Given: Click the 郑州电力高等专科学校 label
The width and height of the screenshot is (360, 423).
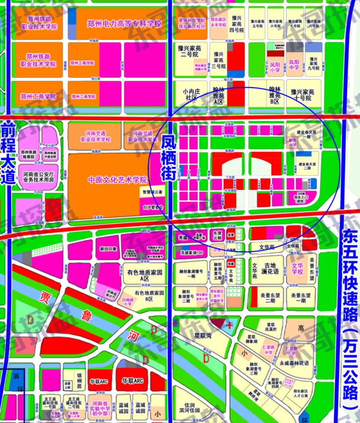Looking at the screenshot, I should (x=125, y=24).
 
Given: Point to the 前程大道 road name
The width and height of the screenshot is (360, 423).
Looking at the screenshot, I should (x=7, y=152).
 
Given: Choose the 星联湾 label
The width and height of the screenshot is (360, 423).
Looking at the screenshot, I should (x=202, y=336).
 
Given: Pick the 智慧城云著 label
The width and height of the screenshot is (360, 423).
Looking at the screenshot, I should (x=152, y=191).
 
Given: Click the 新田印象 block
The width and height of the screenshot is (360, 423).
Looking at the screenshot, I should (x=108, y=249).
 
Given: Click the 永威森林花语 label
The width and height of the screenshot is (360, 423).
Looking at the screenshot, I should (x=295, y=363).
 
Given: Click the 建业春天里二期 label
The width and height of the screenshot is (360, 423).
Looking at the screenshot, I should (x=310, y=166).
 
